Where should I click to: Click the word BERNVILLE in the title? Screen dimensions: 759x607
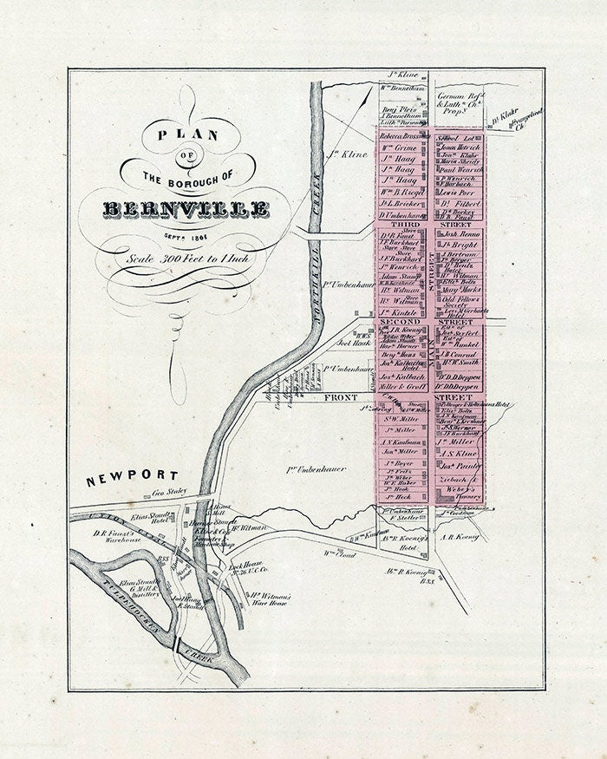point(186,210)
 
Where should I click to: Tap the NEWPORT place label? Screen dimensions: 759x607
point(132,476)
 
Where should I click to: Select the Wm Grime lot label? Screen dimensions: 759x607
point(401,148)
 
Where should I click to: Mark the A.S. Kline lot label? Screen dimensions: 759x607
point(458,453)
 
